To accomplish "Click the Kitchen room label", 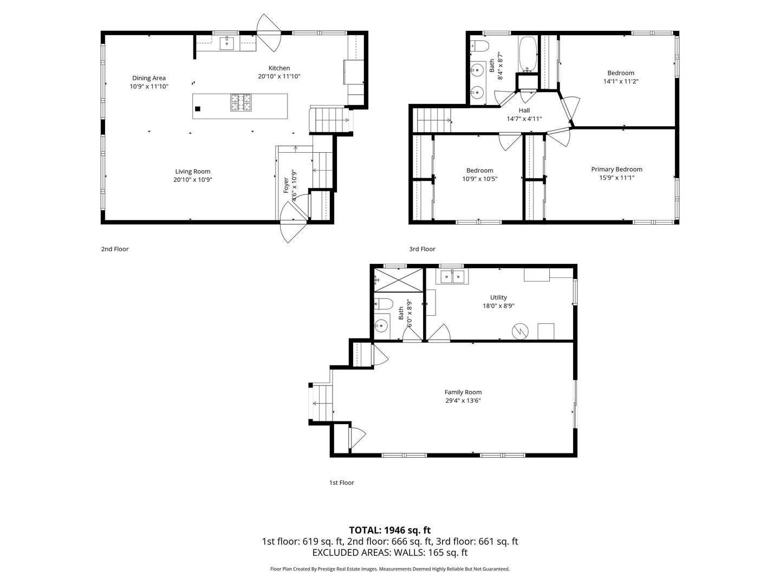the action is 279,68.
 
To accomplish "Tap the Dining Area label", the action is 149,78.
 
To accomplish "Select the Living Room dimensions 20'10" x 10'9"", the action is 193,180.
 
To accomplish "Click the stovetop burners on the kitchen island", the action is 240,102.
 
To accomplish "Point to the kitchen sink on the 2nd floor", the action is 227,43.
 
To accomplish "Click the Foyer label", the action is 286,185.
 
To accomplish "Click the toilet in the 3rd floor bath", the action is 480,45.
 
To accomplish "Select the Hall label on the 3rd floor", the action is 524,110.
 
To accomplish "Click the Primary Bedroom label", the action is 616,170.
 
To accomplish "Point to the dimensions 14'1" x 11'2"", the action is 621,81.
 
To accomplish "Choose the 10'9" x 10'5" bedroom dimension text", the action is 480,179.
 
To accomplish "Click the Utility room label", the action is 498,297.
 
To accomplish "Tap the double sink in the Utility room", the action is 452,276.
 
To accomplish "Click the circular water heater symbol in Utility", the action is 520,331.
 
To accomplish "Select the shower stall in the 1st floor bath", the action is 399,280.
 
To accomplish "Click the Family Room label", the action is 463,392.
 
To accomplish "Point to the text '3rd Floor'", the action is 422,249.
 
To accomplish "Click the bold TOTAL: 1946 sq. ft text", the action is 390,530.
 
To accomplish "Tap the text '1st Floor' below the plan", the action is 341,482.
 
